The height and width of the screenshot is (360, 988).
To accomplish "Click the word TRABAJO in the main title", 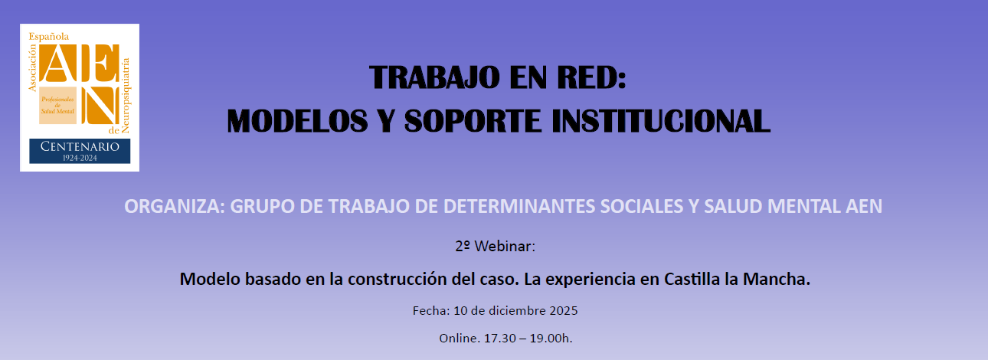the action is [x=434, y=77].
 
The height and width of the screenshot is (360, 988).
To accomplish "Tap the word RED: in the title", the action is [x=591, y=77].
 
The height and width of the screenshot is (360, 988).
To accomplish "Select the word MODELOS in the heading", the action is [x=297, y=121].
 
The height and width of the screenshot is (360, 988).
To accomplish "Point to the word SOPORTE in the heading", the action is [x=473, y=121].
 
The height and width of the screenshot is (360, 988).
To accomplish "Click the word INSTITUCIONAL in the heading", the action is [x=661, y=121].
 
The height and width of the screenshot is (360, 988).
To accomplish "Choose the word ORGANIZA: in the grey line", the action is [x=174, y=207].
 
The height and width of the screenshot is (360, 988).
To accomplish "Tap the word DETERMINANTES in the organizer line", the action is [x=519, y=207].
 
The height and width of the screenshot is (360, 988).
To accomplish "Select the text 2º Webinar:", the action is [x=495, y=246].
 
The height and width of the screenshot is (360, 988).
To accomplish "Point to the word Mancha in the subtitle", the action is [x=774, y=279].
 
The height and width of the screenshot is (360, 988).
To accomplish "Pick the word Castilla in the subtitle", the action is [x=692, y=279].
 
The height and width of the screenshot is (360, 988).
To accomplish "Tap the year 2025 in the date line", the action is [x=563, y=310].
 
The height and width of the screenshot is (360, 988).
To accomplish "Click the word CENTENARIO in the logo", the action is [x=80, y=147].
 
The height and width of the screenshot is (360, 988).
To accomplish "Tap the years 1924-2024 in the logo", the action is [x=80, y=158].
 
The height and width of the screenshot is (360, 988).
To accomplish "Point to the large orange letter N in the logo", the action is [x=100, y=105].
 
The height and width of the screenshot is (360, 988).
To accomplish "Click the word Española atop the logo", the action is [x=48, y=37].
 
